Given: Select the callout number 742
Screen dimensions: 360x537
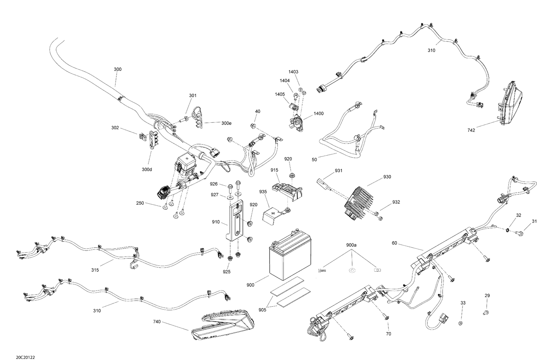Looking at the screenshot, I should [471, 130].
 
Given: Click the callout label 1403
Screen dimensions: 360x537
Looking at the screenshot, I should [293, 72].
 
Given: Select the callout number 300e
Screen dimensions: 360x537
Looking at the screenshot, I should [226, 123].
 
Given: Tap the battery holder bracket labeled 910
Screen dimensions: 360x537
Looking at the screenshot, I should [235, 222].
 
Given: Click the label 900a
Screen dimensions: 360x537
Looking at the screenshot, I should [351, 245].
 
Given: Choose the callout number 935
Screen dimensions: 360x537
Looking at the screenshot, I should [263, 192].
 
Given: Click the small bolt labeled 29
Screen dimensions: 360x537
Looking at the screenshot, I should [486, 313].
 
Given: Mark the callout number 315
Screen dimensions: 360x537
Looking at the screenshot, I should [95, 270].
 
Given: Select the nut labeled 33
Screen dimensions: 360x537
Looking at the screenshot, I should [461, 323].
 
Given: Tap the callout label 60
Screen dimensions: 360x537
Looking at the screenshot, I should [394, 243].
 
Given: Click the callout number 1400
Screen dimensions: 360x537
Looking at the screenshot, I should [318, 113].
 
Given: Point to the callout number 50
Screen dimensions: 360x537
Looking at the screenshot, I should [314, 160].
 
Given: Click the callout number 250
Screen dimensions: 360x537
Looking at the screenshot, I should [140, 203].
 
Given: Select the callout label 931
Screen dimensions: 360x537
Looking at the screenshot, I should [338, 171].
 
